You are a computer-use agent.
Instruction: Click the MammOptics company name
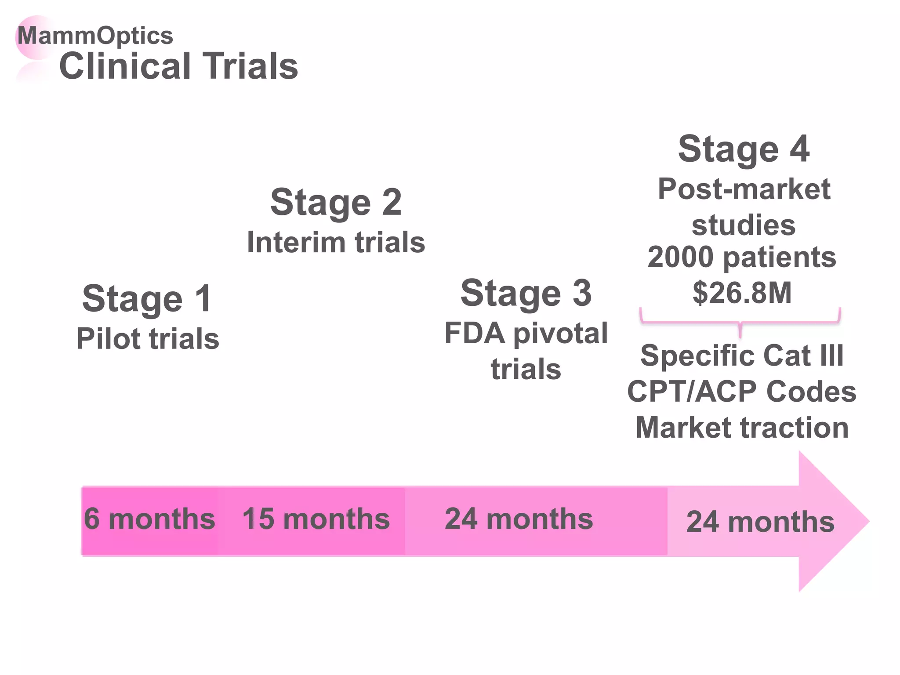(95, 36)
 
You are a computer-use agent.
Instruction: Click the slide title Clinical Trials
(178, 66)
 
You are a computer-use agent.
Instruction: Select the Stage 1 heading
(147, 299)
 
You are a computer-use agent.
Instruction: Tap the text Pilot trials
(148, 339)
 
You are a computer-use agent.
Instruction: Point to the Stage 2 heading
(336, 203)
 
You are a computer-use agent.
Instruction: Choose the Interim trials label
(336, 242)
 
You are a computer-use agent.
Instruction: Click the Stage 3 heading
(526, 293)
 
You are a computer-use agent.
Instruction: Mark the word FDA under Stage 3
(475, 333)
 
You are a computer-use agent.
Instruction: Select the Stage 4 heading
(744, 149)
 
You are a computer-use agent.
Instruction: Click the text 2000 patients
(742, 257)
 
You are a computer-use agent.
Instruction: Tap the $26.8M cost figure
(742, 293)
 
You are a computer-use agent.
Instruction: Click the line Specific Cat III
(742, 355)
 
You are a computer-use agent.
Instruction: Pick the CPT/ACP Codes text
(742, 391)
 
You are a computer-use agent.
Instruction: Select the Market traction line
(742, 428)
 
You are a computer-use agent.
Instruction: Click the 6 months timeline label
(149, 519)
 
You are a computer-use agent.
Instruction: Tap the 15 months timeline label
(316, 519)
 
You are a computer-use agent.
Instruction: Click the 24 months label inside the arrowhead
(760, 522)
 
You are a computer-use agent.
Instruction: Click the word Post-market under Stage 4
(744, 189)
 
